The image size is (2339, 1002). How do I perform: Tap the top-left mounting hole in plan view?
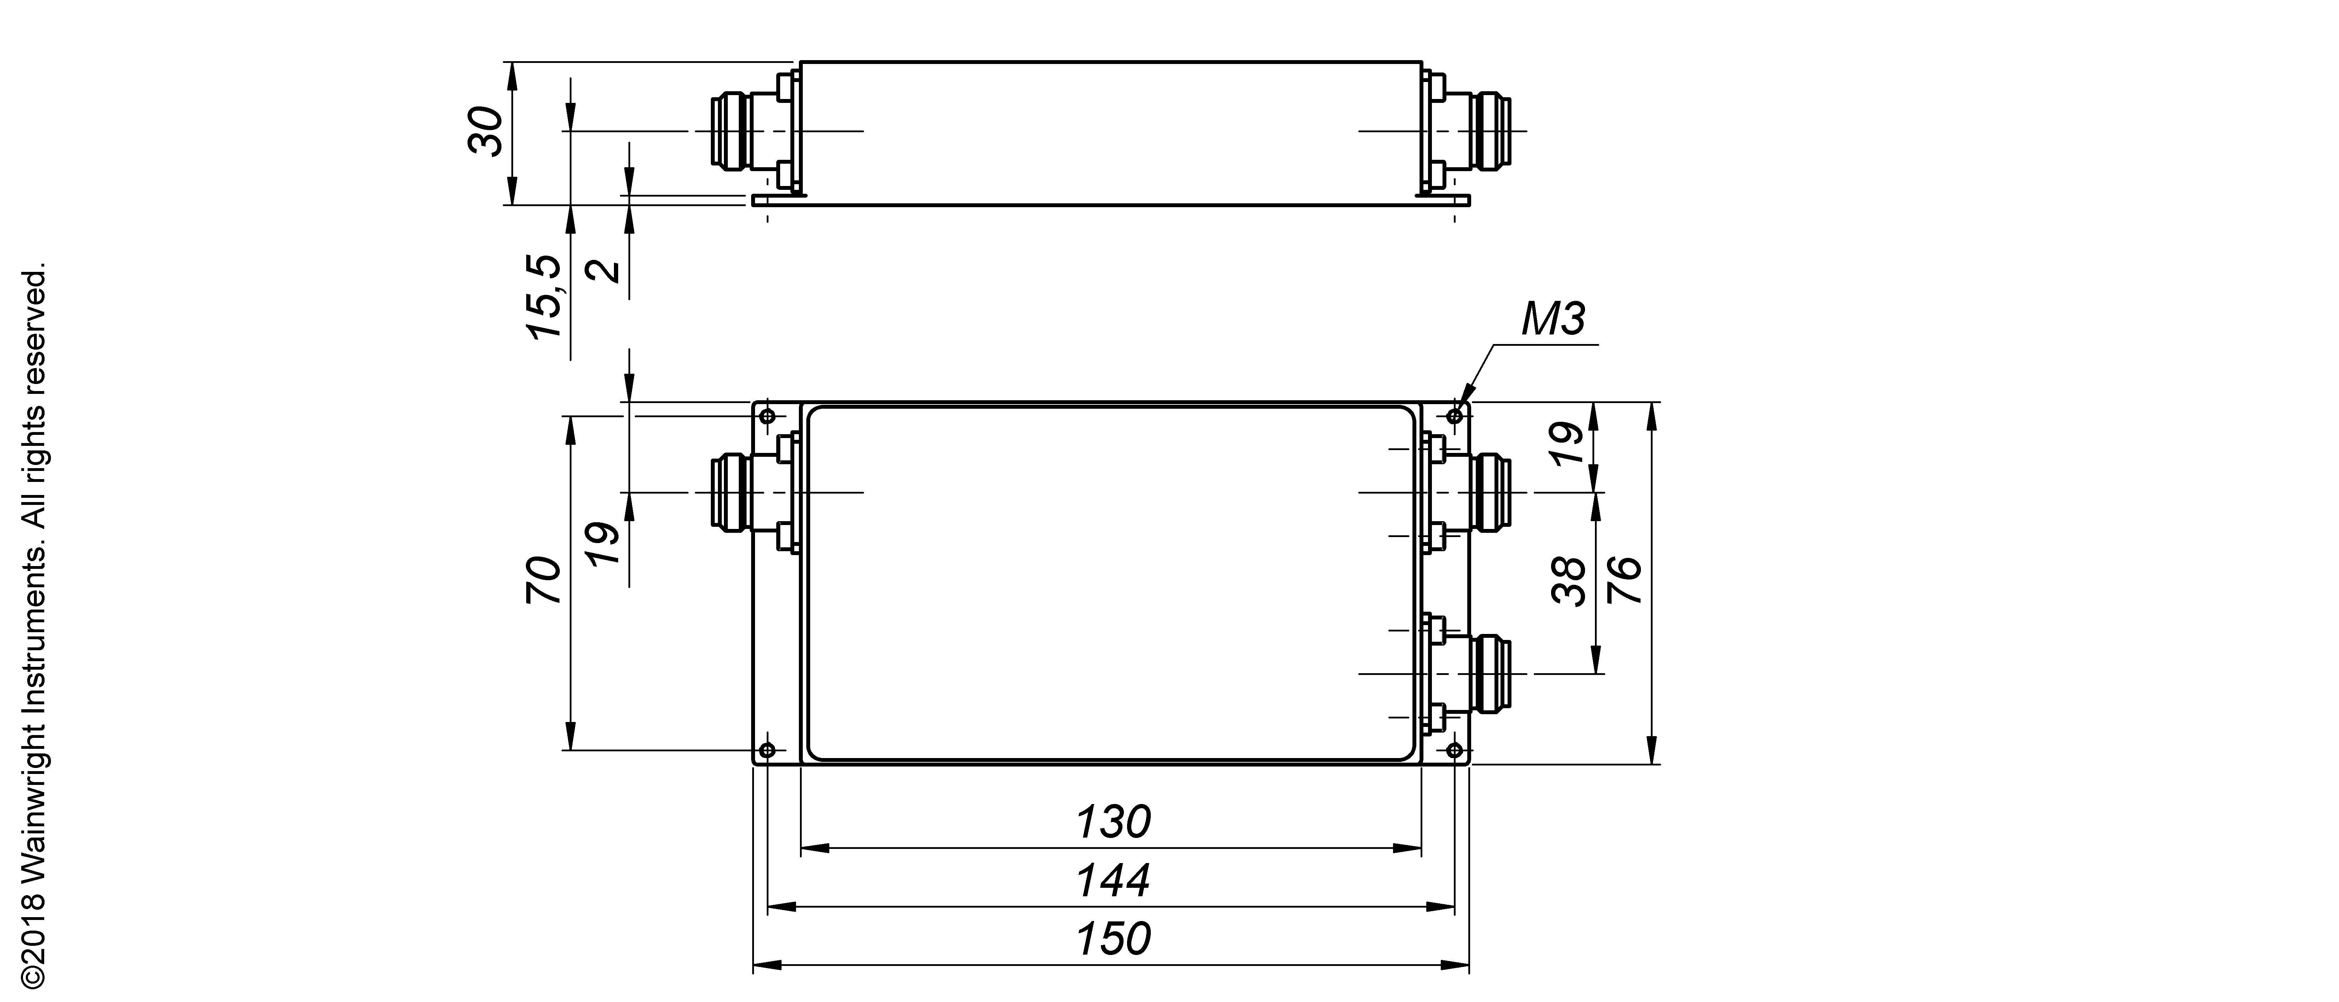click(767, 416)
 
